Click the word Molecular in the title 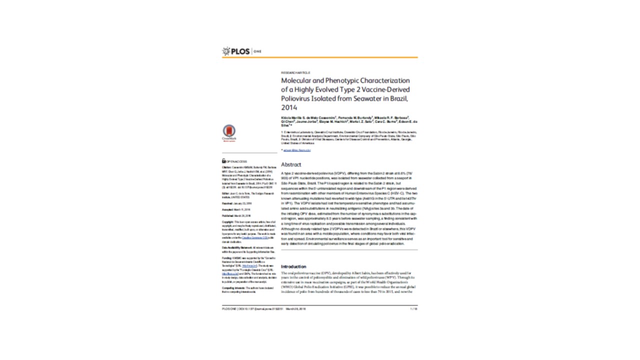(x=296, y=80)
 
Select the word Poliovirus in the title (x=297, y=98)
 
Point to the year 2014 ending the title (x=289, y=107)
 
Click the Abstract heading (x=291, y=164)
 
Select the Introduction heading (x=293, y=266)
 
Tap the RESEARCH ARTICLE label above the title (x=295, y=72)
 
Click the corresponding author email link (x=297, y=150)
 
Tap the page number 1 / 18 (x=413, y=309)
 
